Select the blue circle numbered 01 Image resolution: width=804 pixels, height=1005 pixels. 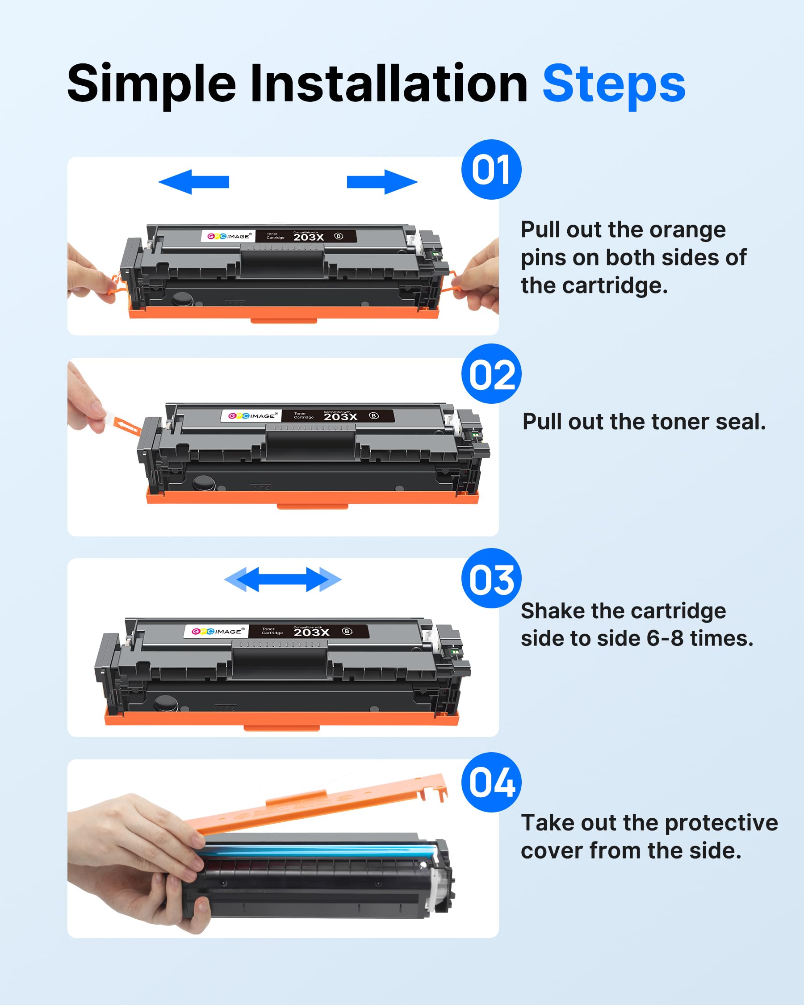tap(491, 170)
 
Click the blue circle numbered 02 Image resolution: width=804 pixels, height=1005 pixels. tap(491, 374)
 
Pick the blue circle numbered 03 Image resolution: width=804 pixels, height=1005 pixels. tap(491, 578)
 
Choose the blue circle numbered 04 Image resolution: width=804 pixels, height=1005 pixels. tap(491, 782)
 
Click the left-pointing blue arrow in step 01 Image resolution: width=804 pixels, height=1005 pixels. tap(193, 182)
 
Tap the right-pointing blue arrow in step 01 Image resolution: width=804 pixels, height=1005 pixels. tap(382, 182)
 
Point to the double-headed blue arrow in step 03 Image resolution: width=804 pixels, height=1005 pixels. tap(283, 579)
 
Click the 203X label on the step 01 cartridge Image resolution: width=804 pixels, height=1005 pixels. tap(309, 237)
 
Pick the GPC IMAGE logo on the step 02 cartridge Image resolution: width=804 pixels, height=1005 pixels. tap(251, 416)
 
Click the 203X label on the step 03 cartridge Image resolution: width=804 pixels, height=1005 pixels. tap(311, 632)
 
